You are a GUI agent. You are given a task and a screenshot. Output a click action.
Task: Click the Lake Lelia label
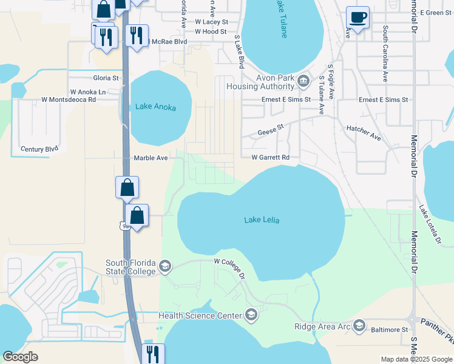tap(262, 220)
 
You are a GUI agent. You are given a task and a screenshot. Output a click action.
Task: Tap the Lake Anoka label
tap(155, 107)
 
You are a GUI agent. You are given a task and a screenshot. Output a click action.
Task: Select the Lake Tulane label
tap(281, 18)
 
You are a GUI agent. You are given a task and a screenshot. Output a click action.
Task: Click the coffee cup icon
tap(357, 18)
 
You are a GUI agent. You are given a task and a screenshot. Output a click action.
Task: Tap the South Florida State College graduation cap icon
tap(165, 266)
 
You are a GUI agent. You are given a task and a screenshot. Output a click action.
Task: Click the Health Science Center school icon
tap(251, 315)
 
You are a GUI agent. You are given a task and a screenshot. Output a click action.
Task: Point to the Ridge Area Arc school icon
tap(359, 326)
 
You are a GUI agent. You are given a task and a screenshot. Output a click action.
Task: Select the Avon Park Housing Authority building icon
tap(304, 81)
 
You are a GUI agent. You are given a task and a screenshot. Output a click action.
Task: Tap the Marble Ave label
tap(151, 158)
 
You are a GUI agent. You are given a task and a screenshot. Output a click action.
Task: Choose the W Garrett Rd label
tap(270, 157)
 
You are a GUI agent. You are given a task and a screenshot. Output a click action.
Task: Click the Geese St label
tap(271, 130)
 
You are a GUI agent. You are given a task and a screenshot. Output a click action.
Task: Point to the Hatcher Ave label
tap(364, 133)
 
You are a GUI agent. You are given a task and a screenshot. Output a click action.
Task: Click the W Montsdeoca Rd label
tap(69, 99)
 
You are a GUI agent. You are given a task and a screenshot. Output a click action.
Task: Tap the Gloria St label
tap(106, 78)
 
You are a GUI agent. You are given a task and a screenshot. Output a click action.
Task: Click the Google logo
tap(21, 357)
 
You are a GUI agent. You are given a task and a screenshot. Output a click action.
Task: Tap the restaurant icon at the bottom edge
tap(152, 354)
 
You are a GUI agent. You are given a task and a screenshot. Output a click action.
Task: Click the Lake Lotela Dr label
tap(429, 224)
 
